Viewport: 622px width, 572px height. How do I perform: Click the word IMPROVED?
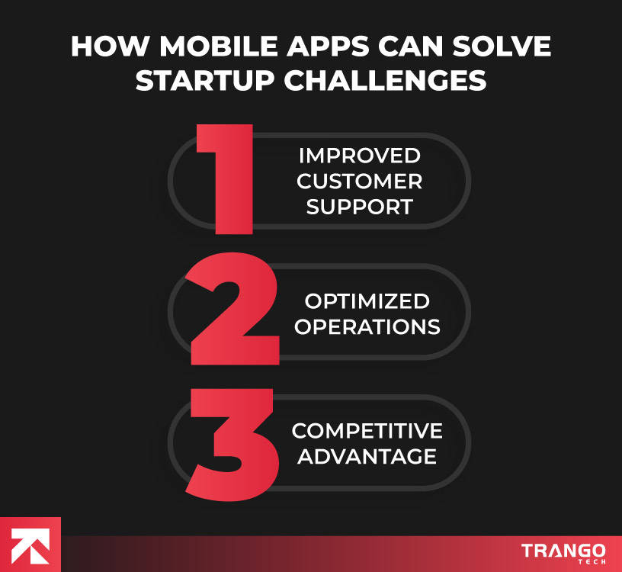(x=359, y=156)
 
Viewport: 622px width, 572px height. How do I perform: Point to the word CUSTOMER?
(x=359, y=182)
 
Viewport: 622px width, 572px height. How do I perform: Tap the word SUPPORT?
(x=359, y=207)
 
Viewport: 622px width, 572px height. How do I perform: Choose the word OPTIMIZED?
(x=367, y=300)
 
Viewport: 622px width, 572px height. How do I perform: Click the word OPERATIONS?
(x=367, y=326)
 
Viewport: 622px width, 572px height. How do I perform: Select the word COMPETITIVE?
(x=367, y=431)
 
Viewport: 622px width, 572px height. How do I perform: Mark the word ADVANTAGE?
(x=367, y=457)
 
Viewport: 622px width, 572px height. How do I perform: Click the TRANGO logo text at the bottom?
(x=563, y=550)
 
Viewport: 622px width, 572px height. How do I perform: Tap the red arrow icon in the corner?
(x=30, y=545)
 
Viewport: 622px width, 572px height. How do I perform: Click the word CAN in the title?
(x=412, y=47)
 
